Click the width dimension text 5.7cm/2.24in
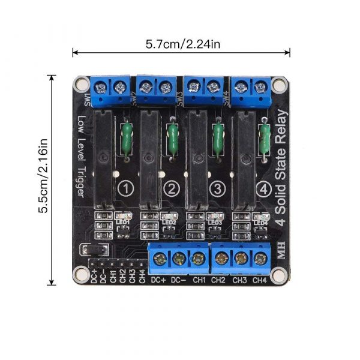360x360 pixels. pos(181,44)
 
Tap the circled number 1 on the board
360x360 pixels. pos(125,190)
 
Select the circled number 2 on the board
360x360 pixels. pos(172,190)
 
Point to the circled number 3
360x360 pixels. pos(217,190)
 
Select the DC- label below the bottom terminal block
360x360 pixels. pos(179,280)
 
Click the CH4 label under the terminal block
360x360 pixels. pos(259,280)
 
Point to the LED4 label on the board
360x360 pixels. pos(259,223)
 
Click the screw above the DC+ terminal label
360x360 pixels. pos(160,259)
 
